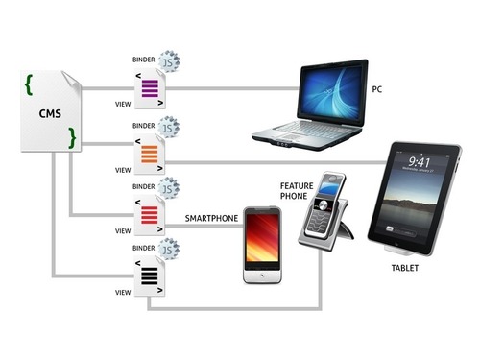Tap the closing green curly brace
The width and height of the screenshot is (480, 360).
click(x=71, y=141)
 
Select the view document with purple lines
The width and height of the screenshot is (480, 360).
click(x=150, y=91)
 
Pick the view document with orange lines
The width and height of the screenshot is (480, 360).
click(x=150, y=154)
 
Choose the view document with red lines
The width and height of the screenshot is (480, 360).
click(x=150, y=215)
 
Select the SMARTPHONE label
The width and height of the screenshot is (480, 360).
click(x=210, y=219)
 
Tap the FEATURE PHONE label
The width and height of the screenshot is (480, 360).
click(x=295, y=190)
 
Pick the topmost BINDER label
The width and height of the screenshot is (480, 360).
click(x=142, y=60)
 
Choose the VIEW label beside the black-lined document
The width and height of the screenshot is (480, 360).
click(x=122, y=291)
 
